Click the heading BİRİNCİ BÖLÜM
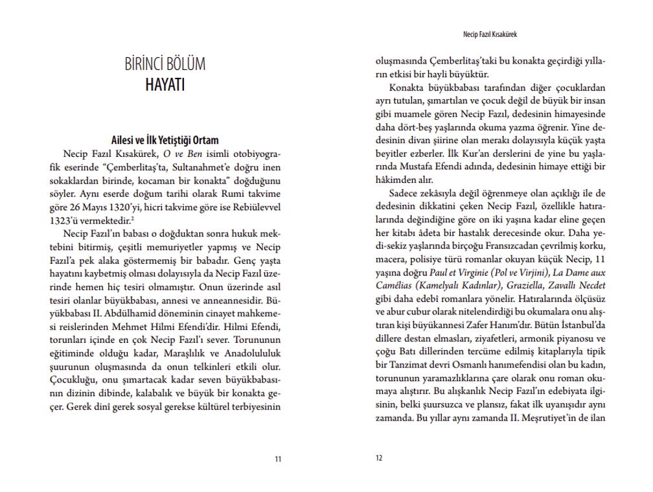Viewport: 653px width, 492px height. (165, 65)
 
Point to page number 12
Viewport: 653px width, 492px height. (380, 459)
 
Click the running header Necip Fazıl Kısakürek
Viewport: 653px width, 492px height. (490, 30)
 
